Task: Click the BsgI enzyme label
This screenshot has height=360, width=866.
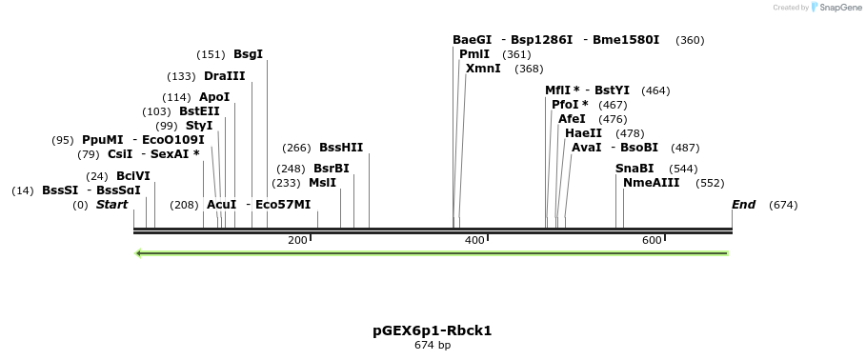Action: (248, 55)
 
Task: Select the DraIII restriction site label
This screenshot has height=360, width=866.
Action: (224, 76)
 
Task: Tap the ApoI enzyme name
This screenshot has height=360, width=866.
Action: (214, 97)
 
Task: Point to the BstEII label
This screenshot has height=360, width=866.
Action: (199, 111)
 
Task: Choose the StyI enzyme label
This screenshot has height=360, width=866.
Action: (199, 126)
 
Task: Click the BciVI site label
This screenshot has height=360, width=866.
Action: (133, 176)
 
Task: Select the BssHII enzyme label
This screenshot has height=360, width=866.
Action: (341, 148)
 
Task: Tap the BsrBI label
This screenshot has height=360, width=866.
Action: (332, 169)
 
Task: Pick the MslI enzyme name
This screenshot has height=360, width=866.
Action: (322, 183)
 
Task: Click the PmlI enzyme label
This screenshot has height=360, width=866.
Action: (474, 54)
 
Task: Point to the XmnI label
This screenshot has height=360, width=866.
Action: (483, 69)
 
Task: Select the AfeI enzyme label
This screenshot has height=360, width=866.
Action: (572, 119)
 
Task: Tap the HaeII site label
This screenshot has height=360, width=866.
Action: (583, 133)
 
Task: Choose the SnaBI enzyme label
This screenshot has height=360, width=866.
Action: (634, 169)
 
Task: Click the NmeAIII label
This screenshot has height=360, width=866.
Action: (652, 183)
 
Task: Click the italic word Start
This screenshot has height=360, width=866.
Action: (111, 205)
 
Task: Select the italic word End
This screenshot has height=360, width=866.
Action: (743, 205)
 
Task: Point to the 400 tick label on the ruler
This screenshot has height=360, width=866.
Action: (474, 240)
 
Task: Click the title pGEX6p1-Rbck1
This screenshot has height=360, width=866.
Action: (432, 331)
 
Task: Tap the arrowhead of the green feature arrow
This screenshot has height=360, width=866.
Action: (140, 253)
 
